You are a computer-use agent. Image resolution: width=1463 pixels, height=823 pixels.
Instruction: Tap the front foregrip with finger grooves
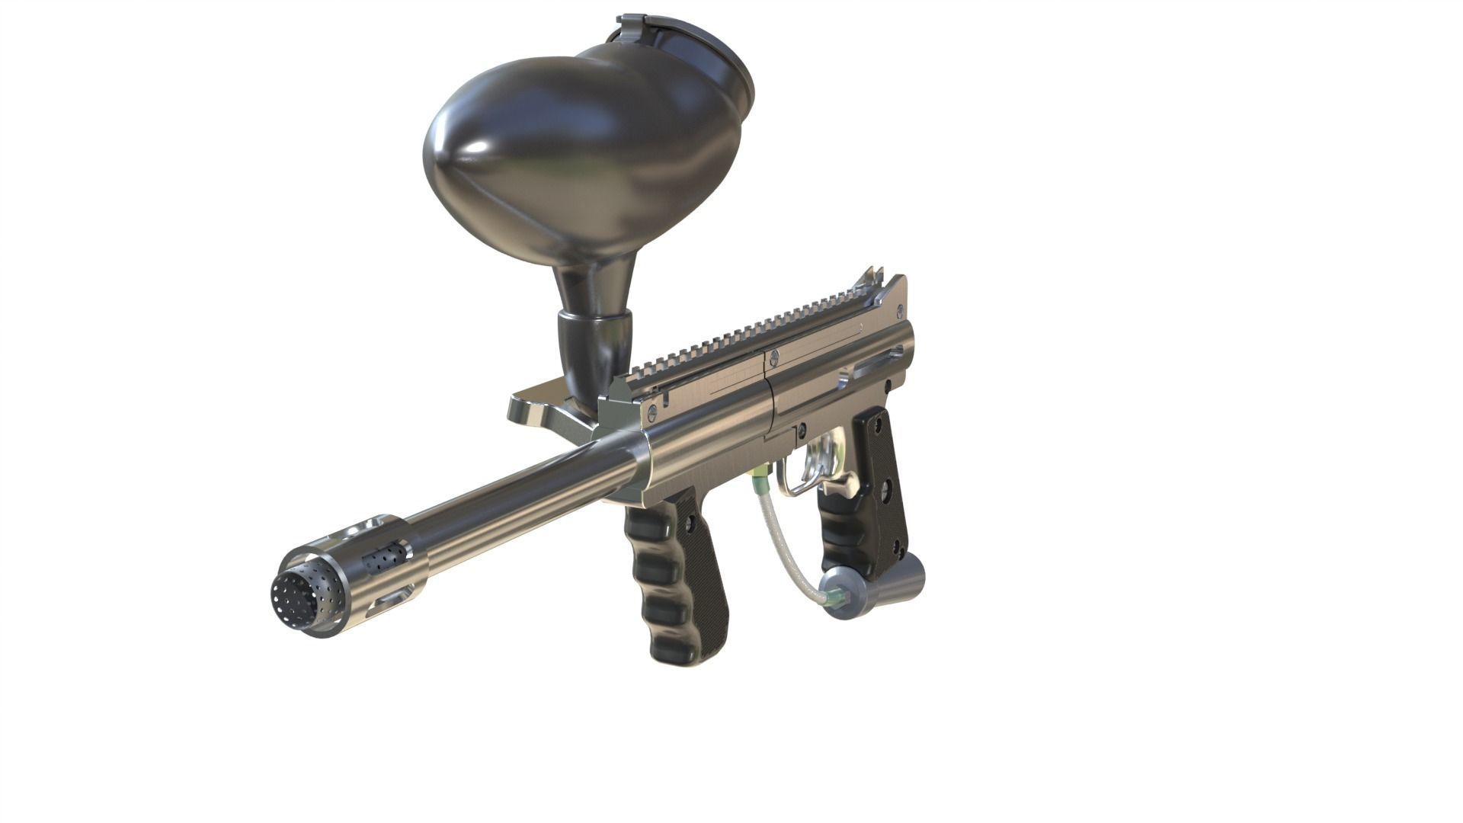coord(671,579)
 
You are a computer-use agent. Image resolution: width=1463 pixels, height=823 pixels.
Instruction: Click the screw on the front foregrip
coord(690,526)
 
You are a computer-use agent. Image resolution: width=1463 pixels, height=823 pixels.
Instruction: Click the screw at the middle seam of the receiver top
coord(774,356)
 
